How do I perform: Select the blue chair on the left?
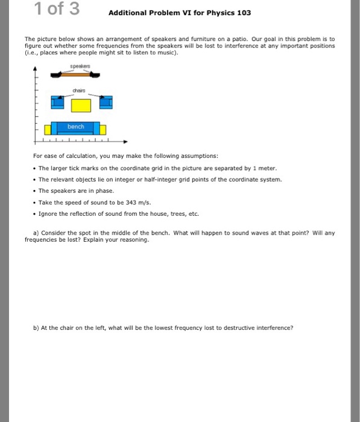[57, 102]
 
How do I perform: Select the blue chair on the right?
[106, 102]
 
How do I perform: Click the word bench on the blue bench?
[75, 127]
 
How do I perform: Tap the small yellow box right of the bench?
[103, 130]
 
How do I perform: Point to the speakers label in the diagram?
[80, 68]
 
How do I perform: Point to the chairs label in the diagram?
[80, 92]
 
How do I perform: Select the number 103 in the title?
[243, 13]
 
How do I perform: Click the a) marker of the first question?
[37, 232]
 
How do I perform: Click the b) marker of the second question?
[37, 327]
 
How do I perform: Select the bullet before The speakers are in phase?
[35, 191]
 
